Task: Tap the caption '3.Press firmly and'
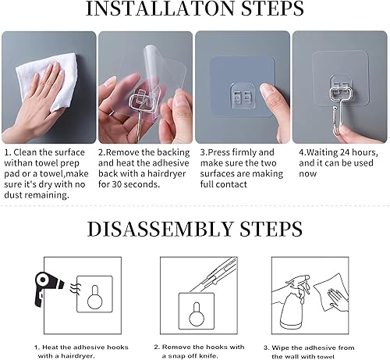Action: point(237,152)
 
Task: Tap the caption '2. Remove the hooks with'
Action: point(199,346)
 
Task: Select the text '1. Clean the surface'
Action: point(44,152)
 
